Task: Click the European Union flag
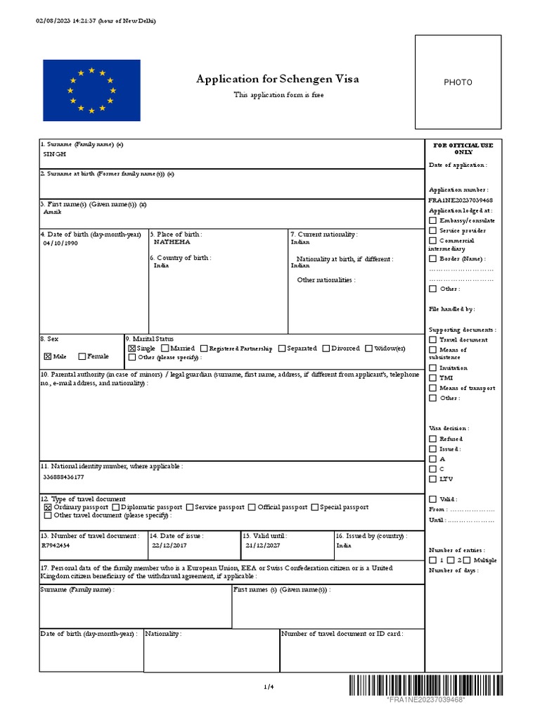pyautogui.click(x=91, y=90)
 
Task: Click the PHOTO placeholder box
pyautogui.click(x=458, y=82)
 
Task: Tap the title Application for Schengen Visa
pyautogui.click(x=278, y=79)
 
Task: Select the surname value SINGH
pyautogui.click(x=55, y=154)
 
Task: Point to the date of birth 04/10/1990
pyautogui.click(x=60, y=243)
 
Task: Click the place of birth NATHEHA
pyautogui.click(x=172, y=242)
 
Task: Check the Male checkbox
pyautogui.click(x=48, y=356)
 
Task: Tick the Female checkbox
pyautogui.click(x=82, y=356)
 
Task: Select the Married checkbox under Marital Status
pyautogui.click(x=165, y=348)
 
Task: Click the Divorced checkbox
pyautogui.click(x=326, y=348)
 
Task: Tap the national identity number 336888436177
pyautogui.click(x=67, y=477)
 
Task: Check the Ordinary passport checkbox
pyautogui.click(x=48, y=507)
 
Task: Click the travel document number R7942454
pyautogui.click(x=56, y=545)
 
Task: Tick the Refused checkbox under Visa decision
pyautogui.click(x=432, y=439)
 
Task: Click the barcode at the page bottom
pyautogui.click(x=425, y=685)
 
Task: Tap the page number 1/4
pyautogui.click(x=268, y=686)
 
